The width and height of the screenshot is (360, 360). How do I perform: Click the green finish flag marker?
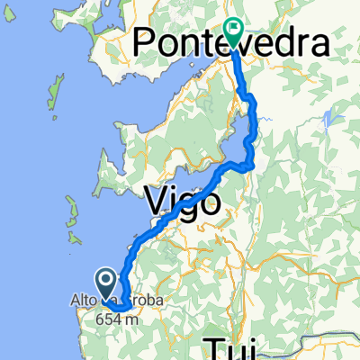coord(234,31)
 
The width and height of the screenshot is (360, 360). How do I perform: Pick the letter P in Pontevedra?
coord(146,42)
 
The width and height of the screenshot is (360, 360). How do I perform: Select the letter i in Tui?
coord(251,347)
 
